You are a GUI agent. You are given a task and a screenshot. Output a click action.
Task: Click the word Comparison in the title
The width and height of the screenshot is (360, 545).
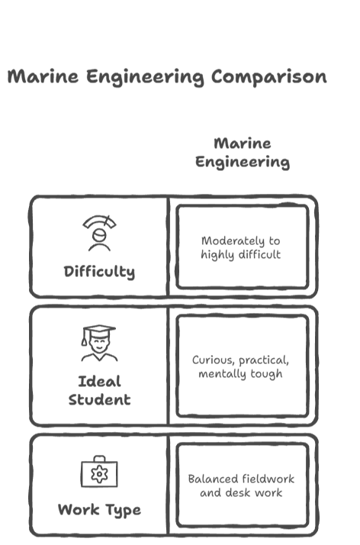pyautogui.click(x=269, y=77)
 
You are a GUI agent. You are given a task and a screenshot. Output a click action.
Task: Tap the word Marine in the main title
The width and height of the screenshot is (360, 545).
pyautogui.click(x=43, y=76)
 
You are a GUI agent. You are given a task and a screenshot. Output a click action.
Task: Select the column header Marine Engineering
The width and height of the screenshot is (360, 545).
pyautogui.click(x=243, y=153)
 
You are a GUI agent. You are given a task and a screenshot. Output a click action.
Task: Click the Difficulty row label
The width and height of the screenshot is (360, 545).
pyautogui.click(x=99, y=272)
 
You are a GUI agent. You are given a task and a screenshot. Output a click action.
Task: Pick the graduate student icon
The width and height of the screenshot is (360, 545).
pyautogui.click(x=99, y=343)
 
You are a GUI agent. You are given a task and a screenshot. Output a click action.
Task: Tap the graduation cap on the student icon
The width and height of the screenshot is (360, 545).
pyautogui.click(x=99, y=332)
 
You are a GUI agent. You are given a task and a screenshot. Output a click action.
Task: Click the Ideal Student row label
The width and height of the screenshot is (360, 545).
pyautogui.click(x=99, y=391)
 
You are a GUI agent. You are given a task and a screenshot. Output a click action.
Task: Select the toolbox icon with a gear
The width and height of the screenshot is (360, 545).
pyautogui.click(x=99, y=471)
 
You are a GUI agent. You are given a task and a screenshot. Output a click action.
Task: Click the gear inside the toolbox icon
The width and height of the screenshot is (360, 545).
pyautogui.click(x=99, y=474)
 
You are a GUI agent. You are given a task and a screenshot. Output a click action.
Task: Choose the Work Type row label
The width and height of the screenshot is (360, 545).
pyautogui.click(x=99, y=510)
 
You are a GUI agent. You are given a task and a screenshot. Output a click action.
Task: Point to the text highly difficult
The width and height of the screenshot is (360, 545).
pyautogui.click(x=240, y=255)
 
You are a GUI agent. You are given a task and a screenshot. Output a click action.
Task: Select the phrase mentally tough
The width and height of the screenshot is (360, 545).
pyautogui.click(x=240, y=374)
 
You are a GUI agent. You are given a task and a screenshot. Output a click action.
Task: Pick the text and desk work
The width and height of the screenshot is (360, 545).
pyautogui.click(x=241, y=493)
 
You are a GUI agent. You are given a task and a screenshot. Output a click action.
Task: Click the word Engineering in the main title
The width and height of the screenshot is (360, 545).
pyautogui.click(x=145, y=77)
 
